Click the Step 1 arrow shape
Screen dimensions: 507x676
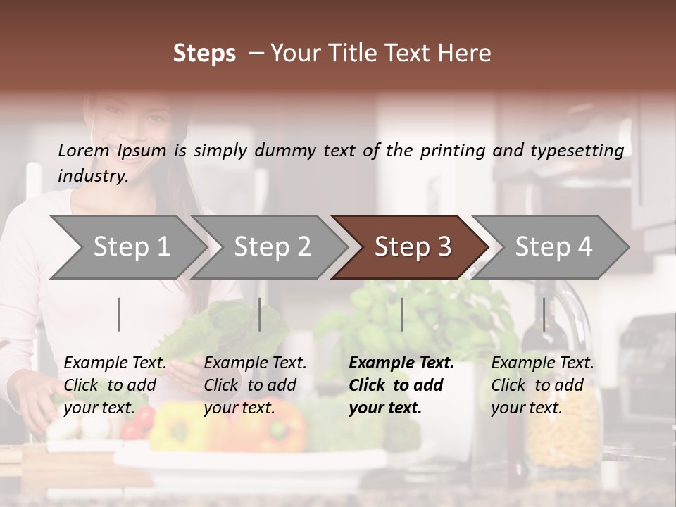[131, 247]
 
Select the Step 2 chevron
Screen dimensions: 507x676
[272, 247]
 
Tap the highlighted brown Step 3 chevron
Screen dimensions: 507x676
[413, 247]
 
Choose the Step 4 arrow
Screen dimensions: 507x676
[553, 247]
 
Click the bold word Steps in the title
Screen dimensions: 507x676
[204, 54]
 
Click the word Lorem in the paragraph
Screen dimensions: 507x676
[84, 150]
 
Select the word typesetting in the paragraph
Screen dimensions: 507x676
[583, 150]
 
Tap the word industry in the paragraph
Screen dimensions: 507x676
[92, 175]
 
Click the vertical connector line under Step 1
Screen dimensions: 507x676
[119, 314]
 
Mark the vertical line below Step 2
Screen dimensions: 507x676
[260, 314]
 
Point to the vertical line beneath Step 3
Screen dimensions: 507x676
[401, 314]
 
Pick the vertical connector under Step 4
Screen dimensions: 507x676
[544, 314]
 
